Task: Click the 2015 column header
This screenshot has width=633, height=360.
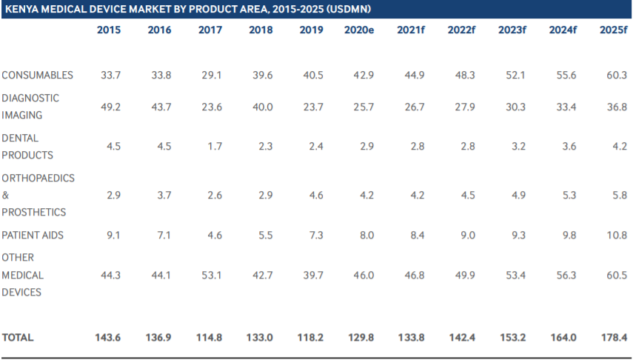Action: (x=109, y=30)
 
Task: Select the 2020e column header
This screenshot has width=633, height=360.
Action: (x=359, y=30)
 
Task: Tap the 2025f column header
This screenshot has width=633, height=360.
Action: (x=614, y=30)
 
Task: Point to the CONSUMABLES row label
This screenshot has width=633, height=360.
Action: (x=37, y=75)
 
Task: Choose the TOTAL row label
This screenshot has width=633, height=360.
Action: (x=18, y=337)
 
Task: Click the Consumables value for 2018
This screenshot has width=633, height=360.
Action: (x=261, y=75)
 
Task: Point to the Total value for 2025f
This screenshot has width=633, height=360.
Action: (x=614, y=337)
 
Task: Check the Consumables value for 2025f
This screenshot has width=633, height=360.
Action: (x=616, y=75)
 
